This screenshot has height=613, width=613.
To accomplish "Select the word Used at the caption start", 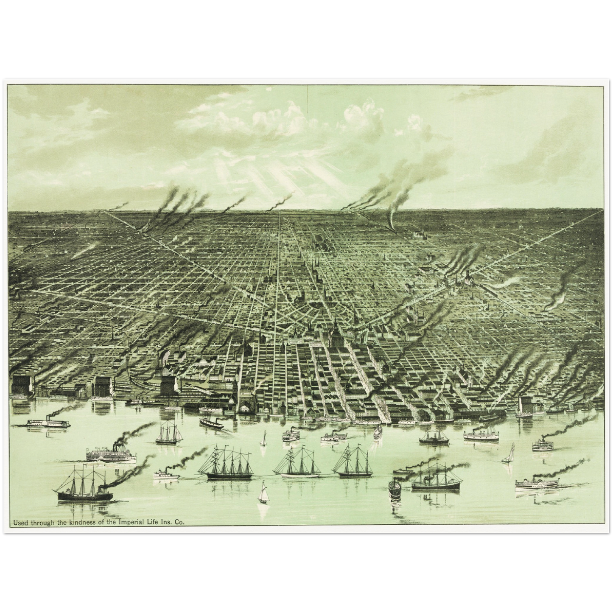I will (x=21, y=523).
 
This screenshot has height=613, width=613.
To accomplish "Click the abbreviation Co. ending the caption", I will (x=179, y=523).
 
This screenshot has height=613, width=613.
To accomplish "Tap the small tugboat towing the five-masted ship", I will (x=166, y=474).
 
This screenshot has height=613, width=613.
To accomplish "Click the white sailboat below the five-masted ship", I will (x=264, y=493).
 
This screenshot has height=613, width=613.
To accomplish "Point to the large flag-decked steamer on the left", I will (x=111, y=454).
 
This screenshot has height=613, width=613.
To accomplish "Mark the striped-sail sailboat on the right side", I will (x=509, y=454).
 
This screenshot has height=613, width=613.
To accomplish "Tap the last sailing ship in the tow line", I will (x=353, y=462).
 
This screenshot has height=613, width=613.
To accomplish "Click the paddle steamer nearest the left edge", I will (x=48, y=423).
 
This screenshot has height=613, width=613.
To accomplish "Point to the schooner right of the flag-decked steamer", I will (x=169, y=434).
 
